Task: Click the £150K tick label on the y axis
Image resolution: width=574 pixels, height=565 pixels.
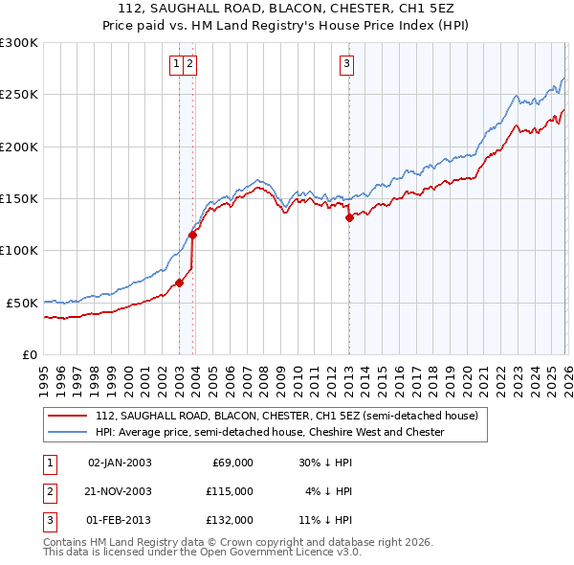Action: click(x=19, y=198)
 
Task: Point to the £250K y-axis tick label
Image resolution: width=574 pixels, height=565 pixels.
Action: click(x=19, y=95)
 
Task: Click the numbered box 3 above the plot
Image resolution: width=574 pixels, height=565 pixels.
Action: click(x=346, y=64)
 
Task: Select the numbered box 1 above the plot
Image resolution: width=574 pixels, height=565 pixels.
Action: click(x=176, y=64)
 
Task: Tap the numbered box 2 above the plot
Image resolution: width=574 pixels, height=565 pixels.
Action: click(x=189, y=64)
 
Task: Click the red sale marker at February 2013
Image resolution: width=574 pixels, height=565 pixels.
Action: click(x=349, y=217)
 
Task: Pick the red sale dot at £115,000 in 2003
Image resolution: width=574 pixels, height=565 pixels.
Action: click(x=193, y=235)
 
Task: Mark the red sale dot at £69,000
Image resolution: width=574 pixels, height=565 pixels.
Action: click(x=179, y=282)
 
